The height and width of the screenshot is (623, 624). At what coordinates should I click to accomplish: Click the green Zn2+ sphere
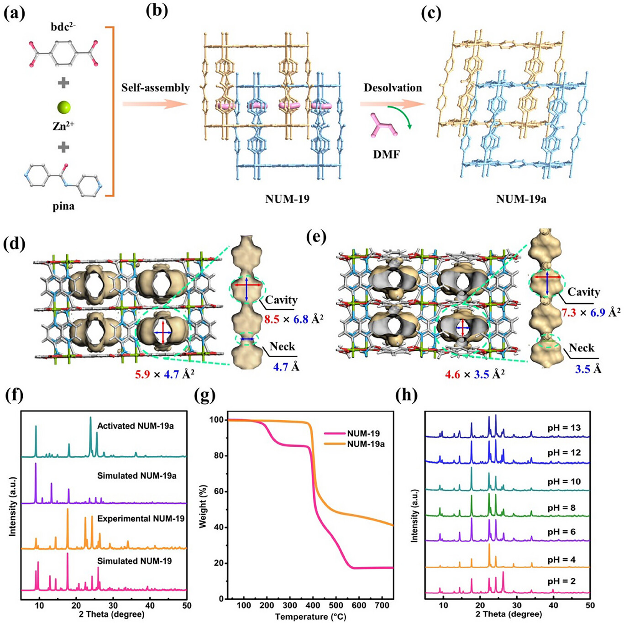click(x=64, y=108)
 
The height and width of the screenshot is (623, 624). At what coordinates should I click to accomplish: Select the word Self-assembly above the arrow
click(x=155, y=88)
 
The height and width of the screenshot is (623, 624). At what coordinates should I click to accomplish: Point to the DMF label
click(x=386, y=154)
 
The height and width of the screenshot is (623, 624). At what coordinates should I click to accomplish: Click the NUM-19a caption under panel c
click(x=521, y=199)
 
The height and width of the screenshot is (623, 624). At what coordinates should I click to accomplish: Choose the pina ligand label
click(x=63, y=206)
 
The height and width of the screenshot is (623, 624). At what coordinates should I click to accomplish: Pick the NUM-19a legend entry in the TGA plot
click(x=366, y=443)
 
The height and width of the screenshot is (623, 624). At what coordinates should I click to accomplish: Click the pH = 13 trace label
click(x=564, y=428)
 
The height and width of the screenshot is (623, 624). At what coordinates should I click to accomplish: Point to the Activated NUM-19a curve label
click(x=135, y=426)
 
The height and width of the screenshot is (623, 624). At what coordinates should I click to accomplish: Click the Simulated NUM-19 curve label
click(x=134, y=561)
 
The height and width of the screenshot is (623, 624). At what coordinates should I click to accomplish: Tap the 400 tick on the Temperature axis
click(x=313, y=606)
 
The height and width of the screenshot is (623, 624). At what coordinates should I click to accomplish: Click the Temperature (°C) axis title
click(x=310, y=617)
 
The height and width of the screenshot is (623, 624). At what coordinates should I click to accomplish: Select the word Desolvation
click(x=393, y=88)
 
